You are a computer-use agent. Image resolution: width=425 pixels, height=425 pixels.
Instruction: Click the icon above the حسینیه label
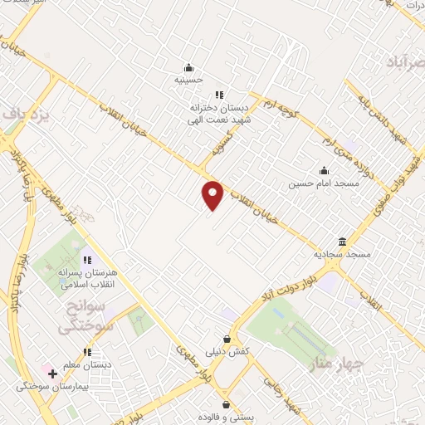pos(189,67)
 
